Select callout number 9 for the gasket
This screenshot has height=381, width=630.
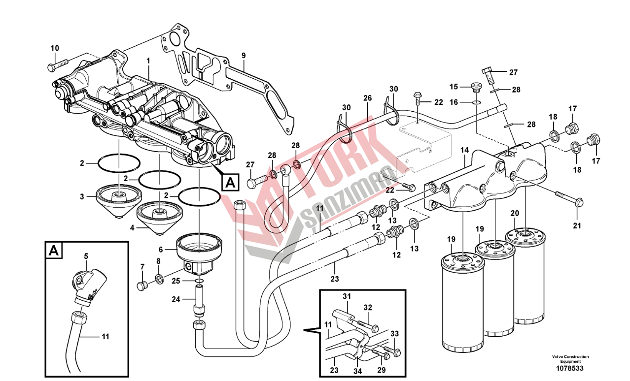[243, 55]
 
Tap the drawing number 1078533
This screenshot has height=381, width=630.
[570, 368]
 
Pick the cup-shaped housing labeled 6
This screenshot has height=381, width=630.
[200, 252]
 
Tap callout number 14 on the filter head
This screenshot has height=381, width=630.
[464, 150]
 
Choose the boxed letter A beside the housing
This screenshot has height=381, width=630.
[230, 182]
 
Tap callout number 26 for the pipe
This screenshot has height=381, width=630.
[367, 98]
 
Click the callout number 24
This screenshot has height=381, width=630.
[176, 299]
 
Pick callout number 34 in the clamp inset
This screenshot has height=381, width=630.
[357, 370]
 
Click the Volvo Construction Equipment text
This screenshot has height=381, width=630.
[570, 359]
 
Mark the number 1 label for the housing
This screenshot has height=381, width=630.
[148, 60]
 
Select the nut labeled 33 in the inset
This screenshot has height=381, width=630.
[397, 352]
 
